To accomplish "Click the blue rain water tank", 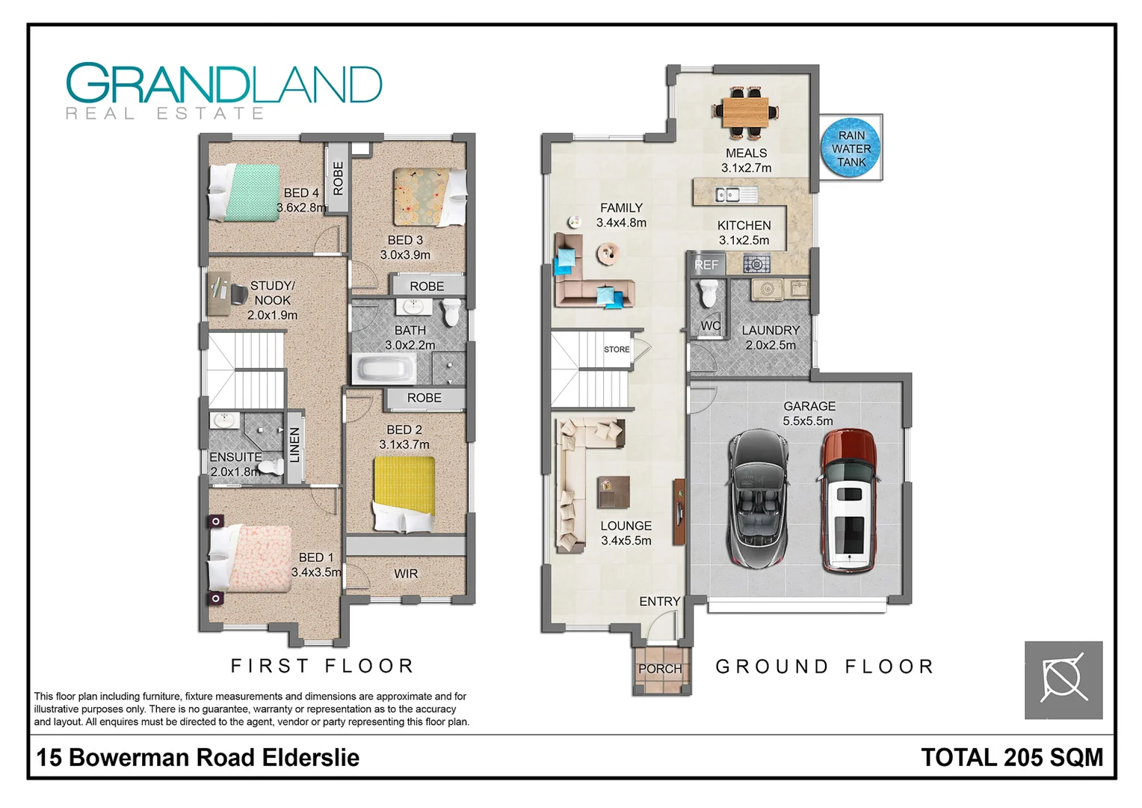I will click(x=851, y=148).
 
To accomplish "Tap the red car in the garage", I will click(x=848, y=501).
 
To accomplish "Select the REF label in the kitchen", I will click(x=706, y=265).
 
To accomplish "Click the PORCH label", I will click(x=660, y=669).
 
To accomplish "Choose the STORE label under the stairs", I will click(x=617, y=349).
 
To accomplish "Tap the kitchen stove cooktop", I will click(x=756, y=263).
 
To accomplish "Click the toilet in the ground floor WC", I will click(x=708, y=293).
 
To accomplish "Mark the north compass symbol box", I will click(x=1063, y=680).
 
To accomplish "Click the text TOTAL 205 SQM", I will click(x=1012, y=757).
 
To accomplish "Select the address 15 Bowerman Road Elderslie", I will click(x=198, y=757).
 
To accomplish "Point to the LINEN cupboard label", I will click(x=294, y=445).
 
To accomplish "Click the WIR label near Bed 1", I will click(x=406, y=574).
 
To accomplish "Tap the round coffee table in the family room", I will click(x=608, y=254).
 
